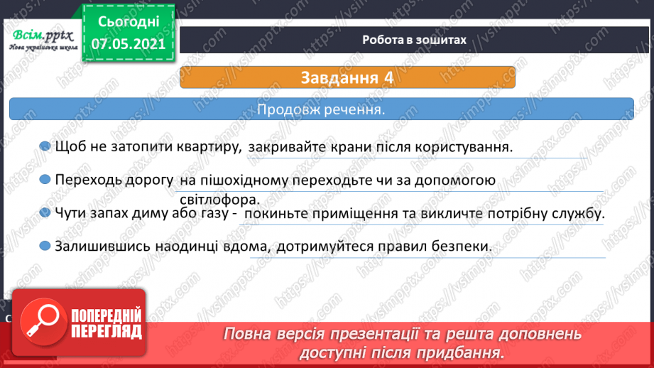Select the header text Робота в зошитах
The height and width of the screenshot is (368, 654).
pos(414,40)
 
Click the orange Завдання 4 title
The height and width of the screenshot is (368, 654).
pos(347,77)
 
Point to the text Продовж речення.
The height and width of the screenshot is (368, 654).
pos(321,111)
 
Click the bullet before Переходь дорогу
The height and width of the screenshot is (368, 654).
pos(45,180)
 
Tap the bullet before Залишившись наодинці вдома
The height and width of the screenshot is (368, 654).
pos(45,246)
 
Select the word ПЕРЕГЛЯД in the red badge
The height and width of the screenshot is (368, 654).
pos(106,330)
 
